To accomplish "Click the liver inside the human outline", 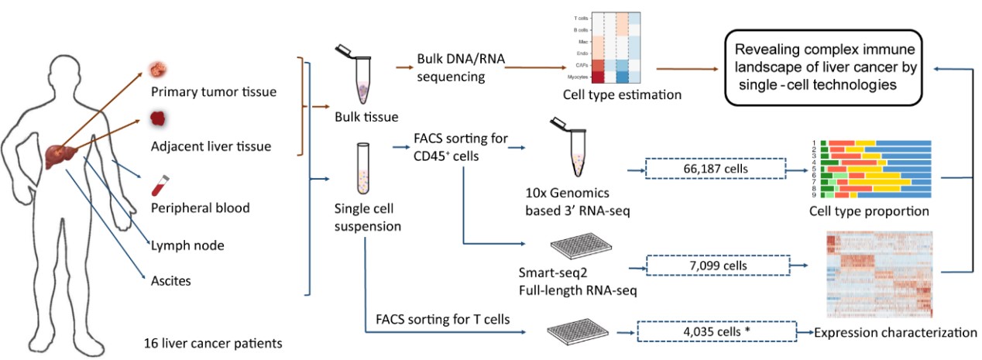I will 58,153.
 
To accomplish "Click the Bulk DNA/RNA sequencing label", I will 452,68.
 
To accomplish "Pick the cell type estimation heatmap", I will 606,50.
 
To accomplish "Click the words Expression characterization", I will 895,332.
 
